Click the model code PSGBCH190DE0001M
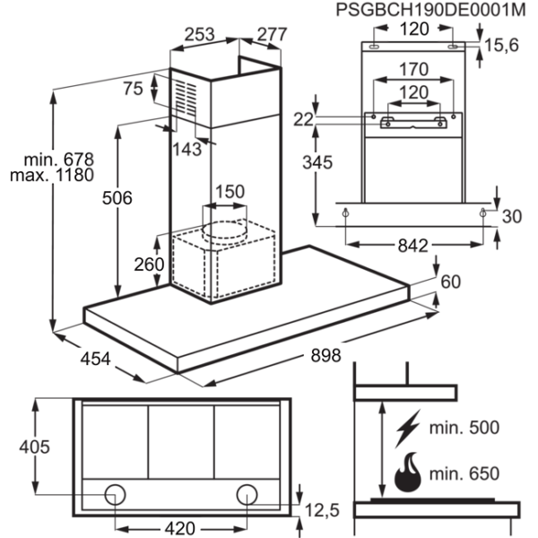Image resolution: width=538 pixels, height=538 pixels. pos(430,10)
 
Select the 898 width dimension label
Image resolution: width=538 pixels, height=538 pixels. pos(325,355)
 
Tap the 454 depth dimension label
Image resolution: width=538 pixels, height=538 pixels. pos(95,359)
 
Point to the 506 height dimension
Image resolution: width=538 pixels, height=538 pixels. pos(117,198)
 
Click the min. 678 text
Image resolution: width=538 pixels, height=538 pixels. pos(58,160)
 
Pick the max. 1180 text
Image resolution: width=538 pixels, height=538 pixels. pos(52,175)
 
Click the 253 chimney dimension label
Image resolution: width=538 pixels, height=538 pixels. pos(199,34)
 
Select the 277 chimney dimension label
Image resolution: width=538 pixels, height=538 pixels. pos(272,34)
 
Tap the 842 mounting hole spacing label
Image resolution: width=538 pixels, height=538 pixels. pos(413,246)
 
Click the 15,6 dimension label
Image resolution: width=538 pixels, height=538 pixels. pos(501,45)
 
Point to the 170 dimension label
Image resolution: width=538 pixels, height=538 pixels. pos(413,69)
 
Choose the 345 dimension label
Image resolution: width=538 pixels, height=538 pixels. pos(317,162)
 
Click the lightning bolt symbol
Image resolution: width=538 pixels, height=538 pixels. pos(408,429)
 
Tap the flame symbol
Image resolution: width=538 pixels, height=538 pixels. pos(408,473)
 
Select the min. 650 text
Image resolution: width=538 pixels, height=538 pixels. pos(464,473)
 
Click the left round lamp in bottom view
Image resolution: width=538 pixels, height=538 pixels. pos(115,494)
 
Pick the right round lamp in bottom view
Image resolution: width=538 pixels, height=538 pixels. pos(247,494)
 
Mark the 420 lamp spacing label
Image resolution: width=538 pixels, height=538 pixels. pos(180,528)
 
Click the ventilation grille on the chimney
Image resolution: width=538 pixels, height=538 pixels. pos(187,98)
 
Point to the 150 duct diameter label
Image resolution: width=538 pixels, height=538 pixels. pos(230,191)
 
